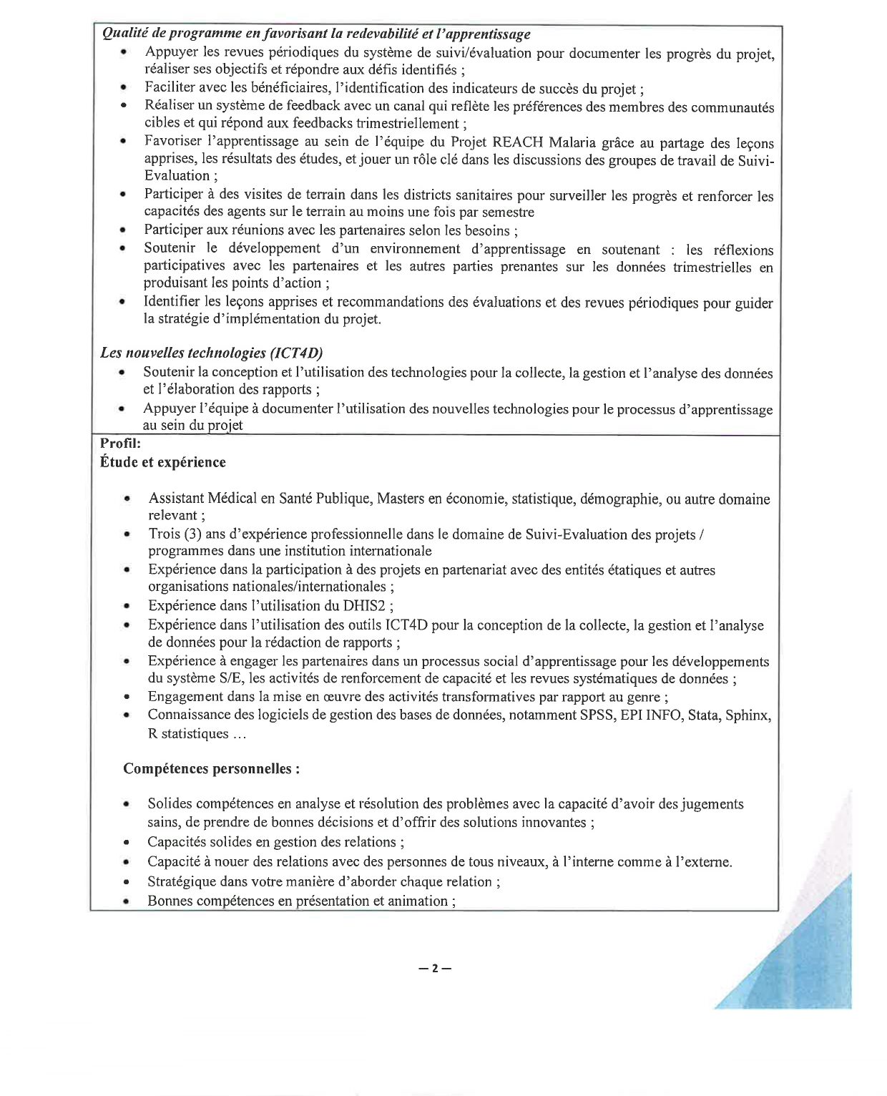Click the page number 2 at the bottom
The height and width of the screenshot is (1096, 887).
click(435, 969)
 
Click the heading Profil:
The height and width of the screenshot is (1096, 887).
click(121, 443)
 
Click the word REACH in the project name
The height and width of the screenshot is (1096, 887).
click(517, 142)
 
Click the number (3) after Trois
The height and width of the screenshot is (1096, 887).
click(192, 534)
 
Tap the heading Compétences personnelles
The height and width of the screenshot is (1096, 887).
click(211, 769)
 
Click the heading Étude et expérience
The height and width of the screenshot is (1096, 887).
click(163, 462)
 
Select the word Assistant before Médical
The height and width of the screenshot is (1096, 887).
click(176, 498)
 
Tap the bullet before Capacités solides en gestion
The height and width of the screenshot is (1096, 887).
click(127, 842)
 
